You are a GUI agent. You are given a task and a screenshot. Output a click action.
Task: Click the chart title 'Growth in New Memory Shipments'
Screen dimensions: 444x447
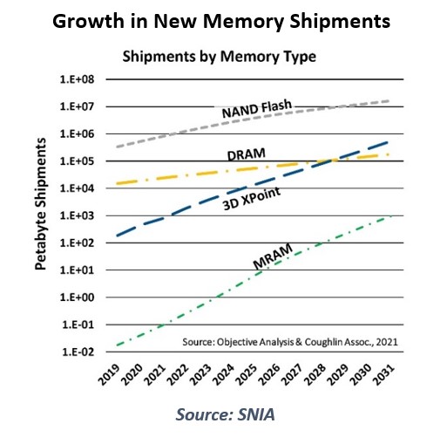(223, 19)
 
